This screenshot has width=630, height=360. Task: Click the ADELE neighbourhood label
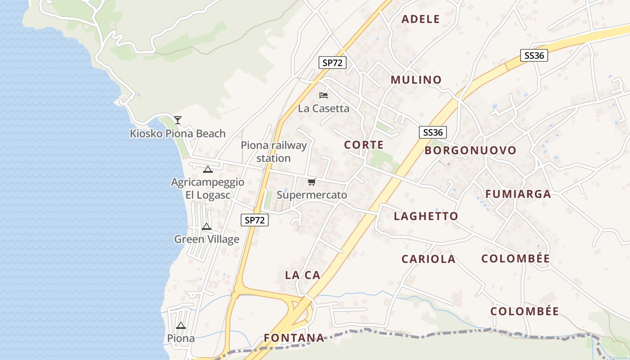pyautogui.click(x=420, y=19)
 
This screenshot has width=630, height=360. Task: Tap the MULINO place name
pyautogui.click(x=416, y=80)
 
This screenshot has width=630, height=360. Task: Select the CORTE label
pyautogui.click(x=364, y=145)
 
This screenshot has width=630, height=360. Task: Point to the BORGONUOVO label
pyautogui.click(x=470, y=150)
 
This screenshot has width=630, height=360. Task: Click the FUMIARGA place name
pyautogui.click(x=518, y=194)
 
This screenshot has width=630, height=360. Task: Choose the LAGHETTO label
pyautogui.click(x=426, y=216)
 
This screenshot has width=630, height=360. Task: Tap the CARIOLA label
pyautogui.click(x=428, y=259)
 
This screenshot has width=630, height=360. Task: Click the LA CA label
pyautogui.click(x=302, y=275)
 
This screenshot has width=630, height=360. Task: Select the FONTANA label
pyautogui.click(x=294, y=338)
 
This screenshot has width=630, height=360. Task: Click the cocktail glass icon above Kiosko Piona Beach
pyautogui.click(x=178, y=120)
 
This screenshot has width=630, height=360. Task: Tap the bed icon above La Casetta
pyautogui.click(x=324, y=95)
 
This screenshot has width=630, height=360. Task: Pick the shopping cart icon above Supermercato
pyautogui.click(x=311, y=182)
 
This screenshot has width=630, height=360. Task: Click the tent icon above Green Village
pyautogui.click(x=207, y=226)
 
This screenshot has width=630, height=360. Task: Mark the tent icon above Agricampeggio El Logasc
pyautogui.click(x=207, y=170)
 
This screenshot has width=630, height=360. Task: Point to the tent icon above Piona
pyautogui.click(x=181, y=326)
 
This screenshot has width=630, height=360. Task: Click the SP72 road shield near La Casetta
pyautogui.click(x=333, y=63)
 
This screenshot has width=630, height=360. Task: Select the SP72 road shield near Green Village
pyautogui.click(x=255, y=220)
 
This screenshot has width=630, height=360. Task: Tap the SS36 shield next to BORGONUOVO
pyautogui.click(x=433, y=132)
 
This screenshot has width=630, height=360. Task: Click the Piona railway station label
pyautogui.click(x=274, y=152)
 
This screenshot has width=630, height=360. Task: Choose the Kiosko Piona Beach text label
pyautogui.click(x=178, y=134)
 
